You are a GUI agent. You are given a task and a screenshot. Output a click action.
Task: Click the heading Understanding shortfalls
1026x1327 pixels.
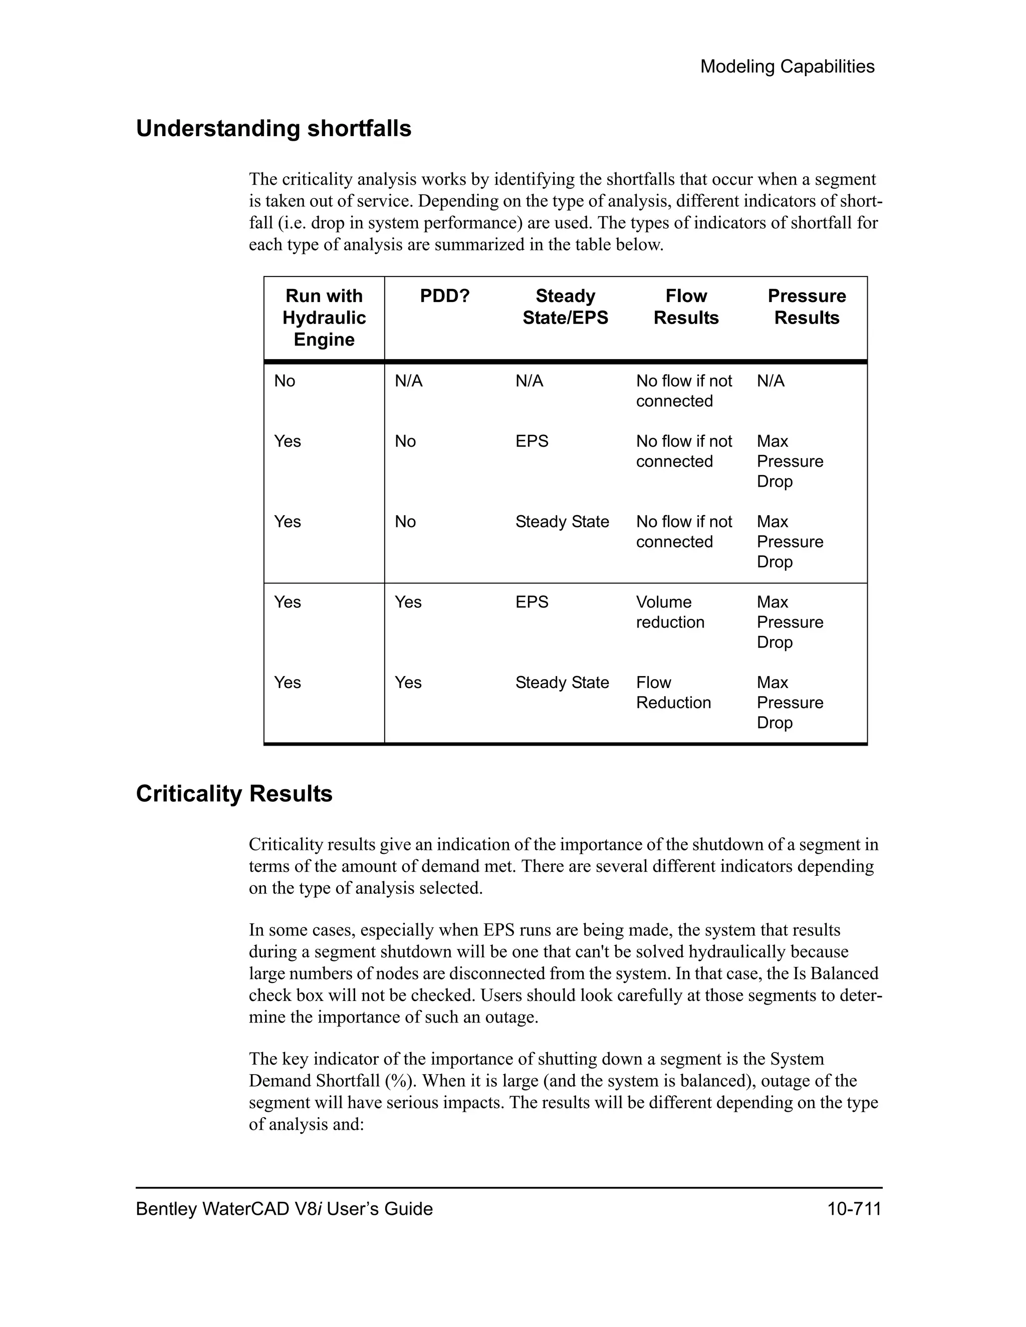coord(274,129)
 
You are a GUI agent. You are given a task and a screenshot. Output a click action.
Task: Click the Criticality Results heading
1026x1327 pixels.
coord(234,794)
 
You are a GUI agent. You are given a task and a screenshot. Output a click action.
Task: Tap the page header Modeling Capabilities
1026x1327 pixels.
coord(787,66)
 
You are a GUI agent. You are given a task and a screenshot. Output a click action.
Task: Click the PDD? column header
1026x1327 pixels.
coord(444,296)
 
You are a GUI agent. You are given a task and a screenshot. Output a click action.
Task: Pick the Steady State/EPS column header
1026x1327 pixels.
coord(565,307)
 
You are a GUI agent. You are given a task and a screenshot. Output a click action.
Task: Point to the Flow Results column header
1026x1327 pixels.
coord(686,307)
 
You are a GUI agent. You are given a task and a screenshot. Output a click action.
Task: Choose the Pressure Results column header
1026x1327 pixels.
coord(806,307)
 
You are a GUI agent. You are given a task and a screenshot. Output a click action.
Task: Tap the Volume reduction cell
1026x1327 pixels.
coord(670,612)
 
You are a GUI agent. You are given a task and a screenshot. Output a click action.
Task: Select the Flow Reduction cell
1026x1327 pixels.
coord(673,692)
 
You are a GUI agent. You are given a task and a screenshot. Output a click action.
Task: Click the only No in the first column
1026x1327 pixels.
coord(285,381)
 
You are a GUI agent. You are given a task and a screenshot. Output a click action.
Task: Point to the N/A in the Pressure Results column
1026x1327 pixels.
coord(770,381)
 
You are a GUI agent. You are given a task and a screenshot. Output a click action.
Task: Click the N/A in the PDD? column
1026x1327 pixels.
coord(408,381)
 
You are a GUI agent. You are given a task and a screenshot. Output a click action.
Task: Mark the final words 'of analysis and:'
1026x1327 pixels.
coord(306,1124)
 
